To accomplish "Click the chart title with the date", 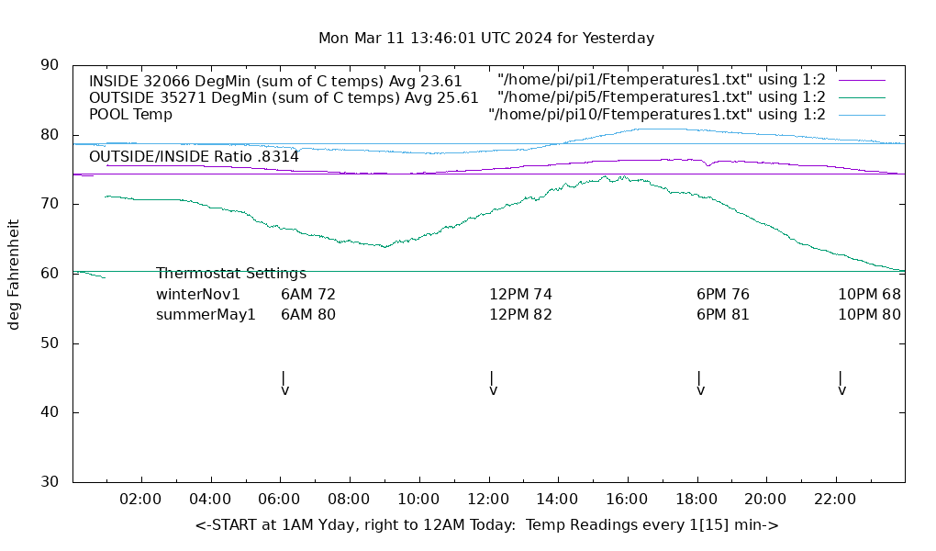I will coord(486,39).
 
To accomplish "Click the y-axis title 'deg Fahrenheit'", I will coord(14,274).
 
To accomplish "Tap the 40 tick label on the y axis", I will coord(51,412).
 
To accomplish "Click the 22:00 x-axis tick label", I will coord(835,500).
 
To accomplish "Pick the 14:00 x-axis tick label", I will coord(557,500).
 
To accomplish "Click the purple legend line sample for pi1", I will coord(862,81).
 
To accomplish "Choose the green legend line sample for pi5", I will coord(862,97).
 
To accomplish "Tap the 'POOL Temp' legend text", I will coord(130,115).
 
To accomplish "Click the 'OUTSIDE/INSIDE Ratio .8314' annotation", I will coord(194,157).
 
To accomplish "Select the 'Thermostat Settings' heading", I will coord(231,274).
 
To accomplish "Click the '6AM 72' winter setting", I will coord(308,295).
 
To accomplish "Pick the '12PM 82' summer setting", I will coord(520,315).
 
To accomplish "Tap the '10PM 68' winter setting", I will coord(869,295).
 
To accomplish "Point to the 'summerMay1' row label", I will coord(206,315).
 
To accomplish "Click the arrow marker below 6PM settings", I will coord(700,384).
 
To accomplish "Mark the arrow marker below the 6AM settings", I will coord(284,384).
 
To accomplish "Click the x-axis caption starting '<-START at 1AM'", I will coord(486,525).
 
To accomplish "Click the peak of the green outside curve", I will coord(605,176).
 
